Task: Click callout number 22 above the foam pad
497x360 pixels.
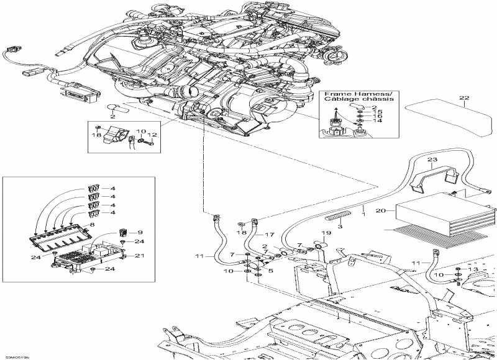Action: [462, 98]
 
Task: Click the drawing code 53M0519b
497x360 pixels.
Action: [18, 356]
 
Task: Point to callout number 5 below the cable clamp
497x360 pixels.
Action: [270, 271]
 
